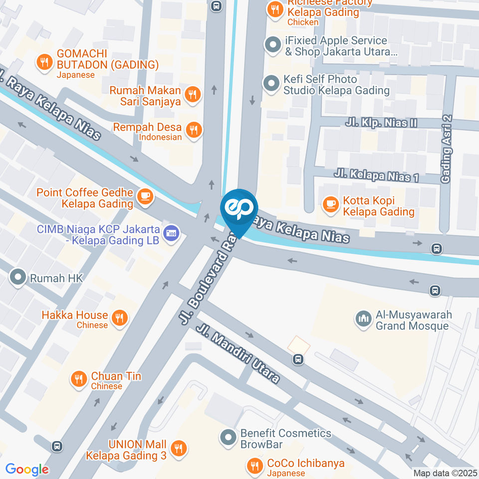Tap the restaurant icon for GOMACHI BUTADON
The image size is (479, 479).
tap(44, 62)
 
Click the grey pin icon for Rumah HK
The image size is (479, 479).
tap(18, 277)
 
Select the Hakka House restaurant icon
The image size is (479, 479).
tap(119, 318)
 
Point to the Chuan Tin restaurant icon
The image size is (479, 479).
tap(78, 379)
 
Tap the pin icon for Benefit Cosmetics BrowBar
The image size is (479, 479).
tap(228, 438)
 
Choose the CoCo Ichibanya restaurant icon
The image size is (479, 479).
tap(255, 466)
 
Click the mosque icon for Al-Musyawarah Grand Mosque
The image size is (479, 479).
tap(363, 318)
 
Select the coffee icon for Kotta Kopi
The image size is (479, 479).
tap(330, 204)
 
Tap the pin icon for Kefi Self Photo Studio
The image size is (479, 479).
tap(271, 84)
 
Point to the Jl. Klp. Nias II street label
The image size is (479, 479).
tap(381, 123)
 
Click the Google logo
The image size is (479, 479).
tap(27, 469)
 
